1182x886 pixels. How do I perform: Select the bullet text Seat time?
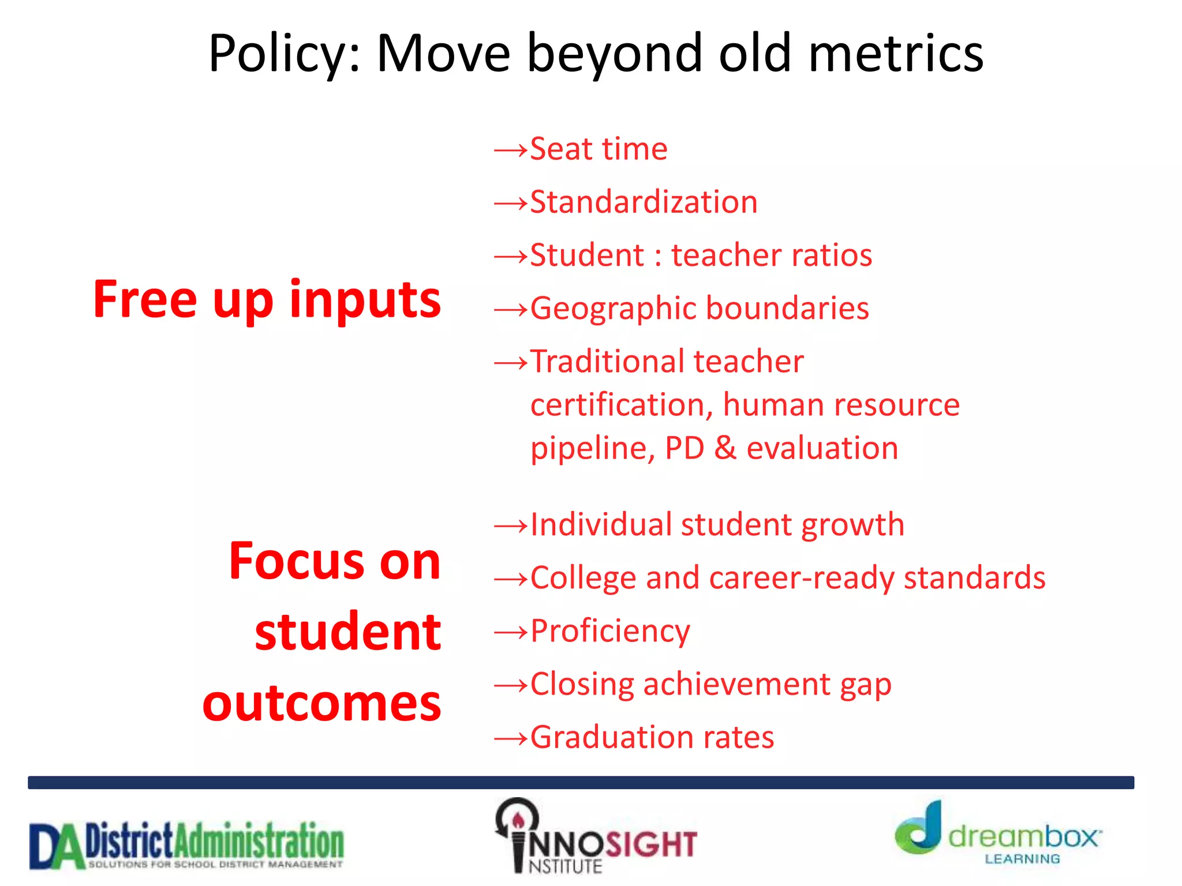(x=599, y=149)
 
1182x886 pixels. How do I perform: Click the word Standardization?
(x=644, y=202)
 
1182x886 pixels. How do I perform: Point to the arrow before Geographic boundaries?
(x=511, y=310)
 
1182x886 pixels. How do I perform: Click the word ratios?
(x=831, y=256)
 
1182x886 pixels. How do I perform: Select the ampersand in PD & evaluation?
(x=725, y=448)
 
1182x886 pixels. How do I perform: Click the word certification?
(x=622, y=405)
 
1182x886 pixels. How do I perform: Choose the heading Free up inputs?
(x=267, y=300)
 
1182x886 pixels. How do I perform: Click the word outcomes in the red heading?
(x=321, y=704)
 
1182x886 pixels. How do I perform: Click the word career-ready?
(x=802, y=578)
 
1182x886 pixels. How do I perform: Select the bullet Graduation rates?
(x=652, y=738)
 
